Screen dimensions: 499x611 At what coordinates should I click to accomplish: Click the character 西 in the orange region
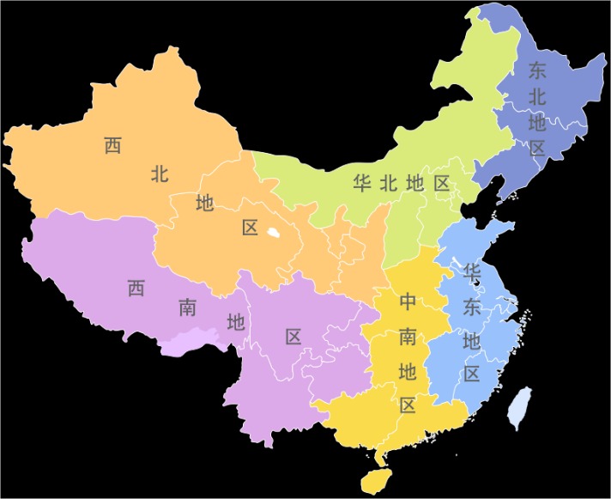coord(113,145)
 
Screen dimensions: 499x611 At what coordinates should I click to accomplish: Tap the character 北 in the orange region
coord(160,174)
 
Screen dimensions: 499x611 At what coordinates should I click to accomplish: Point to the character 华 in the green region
coord(361,182)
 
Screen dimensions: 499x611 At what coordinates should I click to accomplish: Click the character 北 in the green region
coord(388,182)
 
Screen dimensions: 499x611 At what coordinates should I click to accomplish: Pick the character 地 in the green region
coord(415,182)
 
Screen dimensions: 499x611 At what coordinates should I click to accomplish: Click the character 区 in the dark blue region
coord(537,148)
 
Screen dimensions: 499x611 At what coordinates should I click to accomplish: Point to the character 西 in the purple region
coord(136,288)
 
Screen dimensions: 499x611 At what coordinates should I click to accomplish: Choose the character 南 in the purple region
coord(187,307)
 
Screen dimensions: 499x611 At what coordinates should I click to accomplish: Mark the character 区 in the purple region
coord(293,337)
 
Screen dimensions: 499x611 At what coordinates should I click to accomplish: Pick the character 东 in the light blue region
coord(471,307)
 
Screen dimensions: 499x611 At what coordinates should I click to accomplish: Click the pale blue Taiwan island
coord(517,407)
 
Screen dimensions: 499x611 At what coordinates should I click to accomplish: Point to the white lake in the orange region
coord(273,232)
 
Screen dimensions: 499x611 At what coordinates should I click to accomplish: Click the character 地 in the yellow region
coord(408,371)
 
